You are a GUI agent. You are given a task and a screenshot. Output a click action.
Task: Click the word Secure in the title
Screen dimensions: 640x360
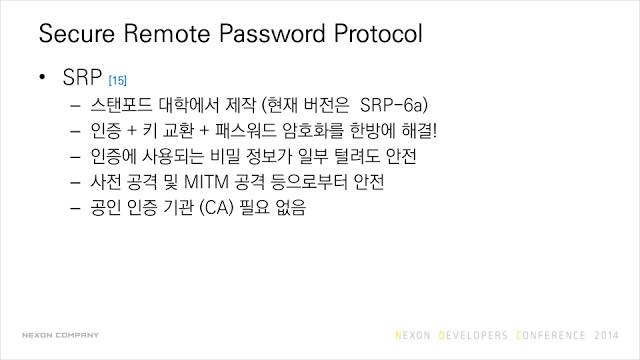[x=77, y=33]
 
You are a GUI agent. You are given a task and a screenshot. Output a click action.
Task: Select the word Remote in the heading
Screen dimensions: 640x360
[x=167, y=33]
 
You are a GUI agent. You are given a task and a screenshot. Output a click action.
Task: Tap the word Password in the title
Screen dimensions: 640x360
[x=272, y=33]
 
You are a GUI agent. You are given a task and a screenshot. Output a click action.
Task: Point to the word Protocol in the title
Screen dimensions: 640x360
[x=378, y=33]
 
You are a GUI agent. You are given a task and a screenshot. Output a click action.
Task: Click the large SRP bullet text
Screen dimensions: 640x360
[x=82, y=77]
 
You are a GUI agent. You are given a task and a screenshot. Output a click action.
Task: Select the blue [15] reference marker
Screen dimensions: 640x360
[x=118, y=80]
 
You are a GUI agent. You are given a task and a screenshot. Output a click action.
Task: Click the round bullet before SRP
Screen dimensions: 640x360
[x=42, y=77]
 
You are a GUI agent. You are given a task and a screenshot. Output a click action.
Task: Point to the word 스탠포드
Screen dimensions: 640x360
[x=121, y=105]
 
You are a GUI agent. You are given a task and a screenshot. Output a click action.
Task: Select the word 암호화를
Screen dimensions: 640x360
[x=313, y=131]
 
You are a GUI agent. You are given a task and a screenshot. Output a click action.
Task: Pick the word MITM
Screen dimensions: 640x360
[x=206, y=182]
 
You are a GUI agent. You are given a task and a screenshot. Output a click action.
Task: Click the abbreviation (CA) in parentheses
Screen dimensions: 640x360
[x=217, y=207]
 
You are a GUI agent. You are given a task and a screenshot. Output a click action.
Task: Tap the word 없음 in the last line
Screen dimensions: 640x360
[x=291, y=207]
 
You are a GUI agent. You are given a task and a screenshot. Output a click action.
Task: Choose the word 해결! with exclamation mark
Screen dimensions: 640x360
[x=419, y=131]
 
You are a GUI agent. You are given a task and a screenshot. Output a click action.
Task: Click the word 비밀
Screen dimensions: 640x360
[x=225, y=156]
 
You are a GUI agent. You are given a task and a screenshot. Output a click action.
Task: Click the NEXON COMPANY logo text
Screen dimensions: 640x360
[x=60, y=335]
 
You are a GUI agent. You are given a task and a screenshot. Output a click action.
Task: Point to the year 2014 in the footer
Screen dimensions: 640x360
[x=606, y=336]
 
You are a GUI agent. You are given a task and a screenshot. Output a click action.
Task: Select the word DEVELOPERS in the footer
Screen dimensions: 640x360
[x=473, y=336]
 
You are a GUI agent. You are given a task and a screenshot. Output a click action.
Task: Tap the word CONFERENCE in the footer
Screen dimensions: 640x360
[x=551, y=336]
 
